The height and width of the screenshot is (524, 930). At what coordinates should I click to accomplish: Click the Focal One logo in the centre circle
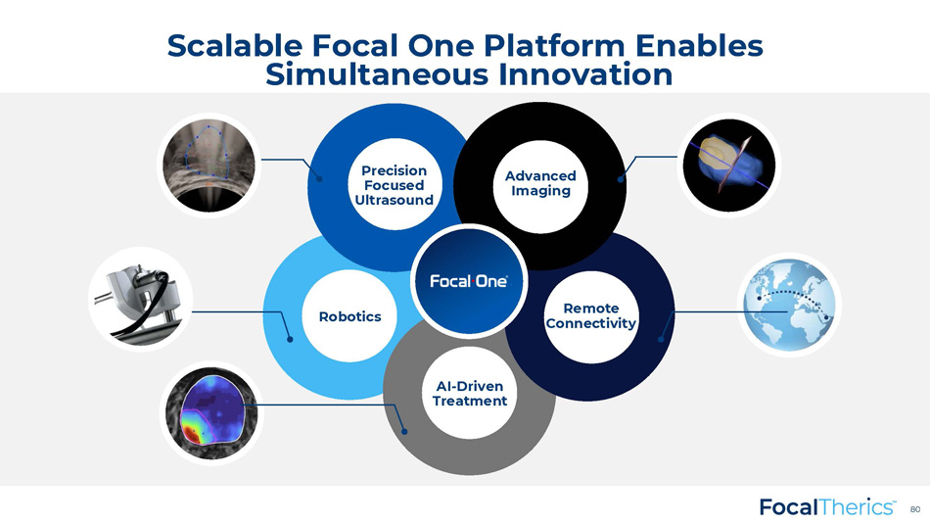point(469,281)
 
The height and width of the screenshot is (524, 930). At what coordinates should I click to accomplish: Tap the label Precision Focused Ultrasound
point(394,185)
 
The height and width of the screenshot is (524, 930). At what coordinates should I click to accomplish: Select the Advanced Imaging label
point(540,183)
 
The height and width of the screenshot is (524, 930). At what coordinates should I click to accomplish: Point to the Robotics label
point(349,316)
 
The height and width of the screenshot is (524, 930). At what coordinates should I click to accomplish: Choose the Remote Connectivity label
point(590,315)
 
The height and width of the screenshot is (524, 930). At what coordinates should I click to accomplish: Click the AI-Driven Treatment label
point(470,394)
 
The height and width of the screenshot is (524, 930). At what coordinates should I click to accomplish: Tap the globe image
point(789,305)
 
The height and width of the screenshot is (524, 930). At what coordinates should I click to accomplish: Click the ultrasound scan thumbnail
point(209,166)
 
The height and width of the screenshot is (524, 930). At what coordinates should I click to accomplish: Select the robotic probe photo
point(141,299)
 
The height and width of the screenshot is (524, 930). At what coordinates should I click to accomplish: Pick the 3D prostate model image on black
point(729,165)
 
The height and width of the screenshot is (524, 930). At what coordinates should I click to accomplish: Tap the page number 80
point(915,509)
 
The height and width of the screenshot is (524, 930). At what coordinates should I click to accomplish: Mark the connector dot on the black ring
point(621,179)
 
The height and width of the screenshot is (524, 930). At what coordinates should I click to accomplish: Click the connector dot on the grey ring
point(404,431)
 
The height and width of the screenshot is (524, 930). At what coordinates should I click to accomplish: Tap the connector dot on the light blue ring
point(290,339)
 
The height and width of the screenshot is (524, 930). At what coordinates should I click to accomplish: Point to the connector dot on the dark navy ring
point(661,339)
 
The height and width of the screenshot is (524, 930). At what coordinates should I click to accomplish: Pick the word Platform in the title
point(554,46)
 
